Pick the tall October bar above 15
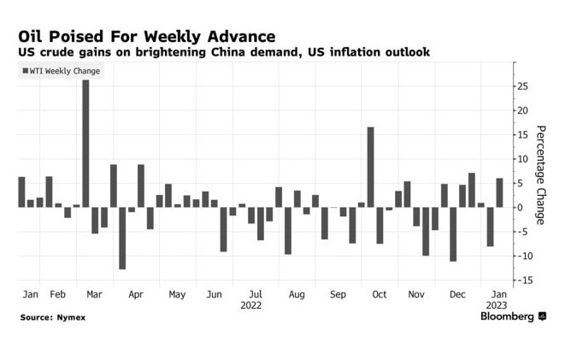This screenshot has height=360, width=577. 371,167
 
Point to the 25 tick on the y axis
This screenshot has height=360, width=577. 521,86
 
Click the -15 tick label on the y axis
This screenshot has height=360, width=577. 519,280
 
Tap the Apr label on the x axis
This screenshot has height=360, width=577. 136,294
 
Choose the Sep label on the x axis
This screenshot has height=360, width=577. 338,294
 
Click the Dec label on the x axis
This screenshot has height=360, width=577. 458,294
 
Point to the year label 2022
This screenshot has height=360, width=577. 250,305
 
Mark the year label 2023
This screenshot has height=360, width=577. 498,305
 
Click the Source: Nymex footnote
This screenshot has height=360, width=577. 53,317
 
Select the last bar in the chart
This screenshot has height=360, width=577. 499,192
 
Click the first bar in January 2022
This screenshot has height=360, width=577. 21,192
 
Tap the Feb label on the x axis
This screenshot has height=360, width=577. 57,294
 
